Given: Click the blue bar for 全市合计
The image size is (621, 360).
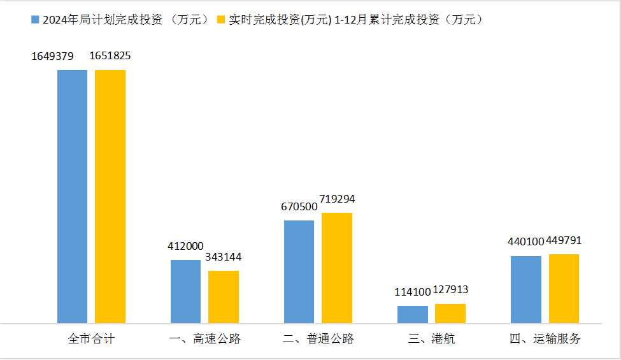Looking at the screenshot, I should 72,196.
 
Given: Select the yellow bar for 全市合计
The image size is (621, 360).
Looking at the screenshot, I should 110,196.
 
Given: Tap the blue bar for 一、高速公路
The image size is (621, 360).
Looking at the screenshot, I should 185,291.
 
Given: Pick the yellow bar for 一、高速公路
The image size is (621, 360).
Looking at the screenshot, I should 224,297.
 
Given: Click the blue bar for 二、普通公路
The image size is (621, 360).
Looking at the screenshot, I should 299,271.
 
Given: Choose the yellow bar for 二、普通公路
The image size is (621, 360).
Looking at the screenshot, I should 337,268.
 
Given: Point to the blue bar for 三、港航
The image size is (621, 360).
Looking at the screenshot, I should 413,314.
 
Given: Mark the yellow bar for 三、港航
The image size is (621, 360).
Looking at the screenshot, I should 450,313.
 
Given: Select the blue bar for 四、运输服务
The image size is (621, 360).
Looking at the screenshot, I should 526,289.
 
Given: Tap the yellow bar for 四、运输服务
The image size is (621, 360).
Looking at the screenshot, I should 564,289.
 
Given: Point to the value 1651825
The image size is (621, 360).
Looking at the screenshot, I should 110,56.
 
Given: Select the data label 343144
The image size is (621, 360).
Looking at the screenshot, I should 224,257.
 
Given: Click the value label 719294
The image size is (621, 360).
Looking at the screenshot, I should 337,199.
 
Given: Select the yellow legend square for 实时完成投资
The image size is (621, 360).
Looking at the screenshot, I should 222,20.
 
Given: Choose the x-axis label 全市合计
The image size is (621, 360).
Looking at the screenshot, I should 91,339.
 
